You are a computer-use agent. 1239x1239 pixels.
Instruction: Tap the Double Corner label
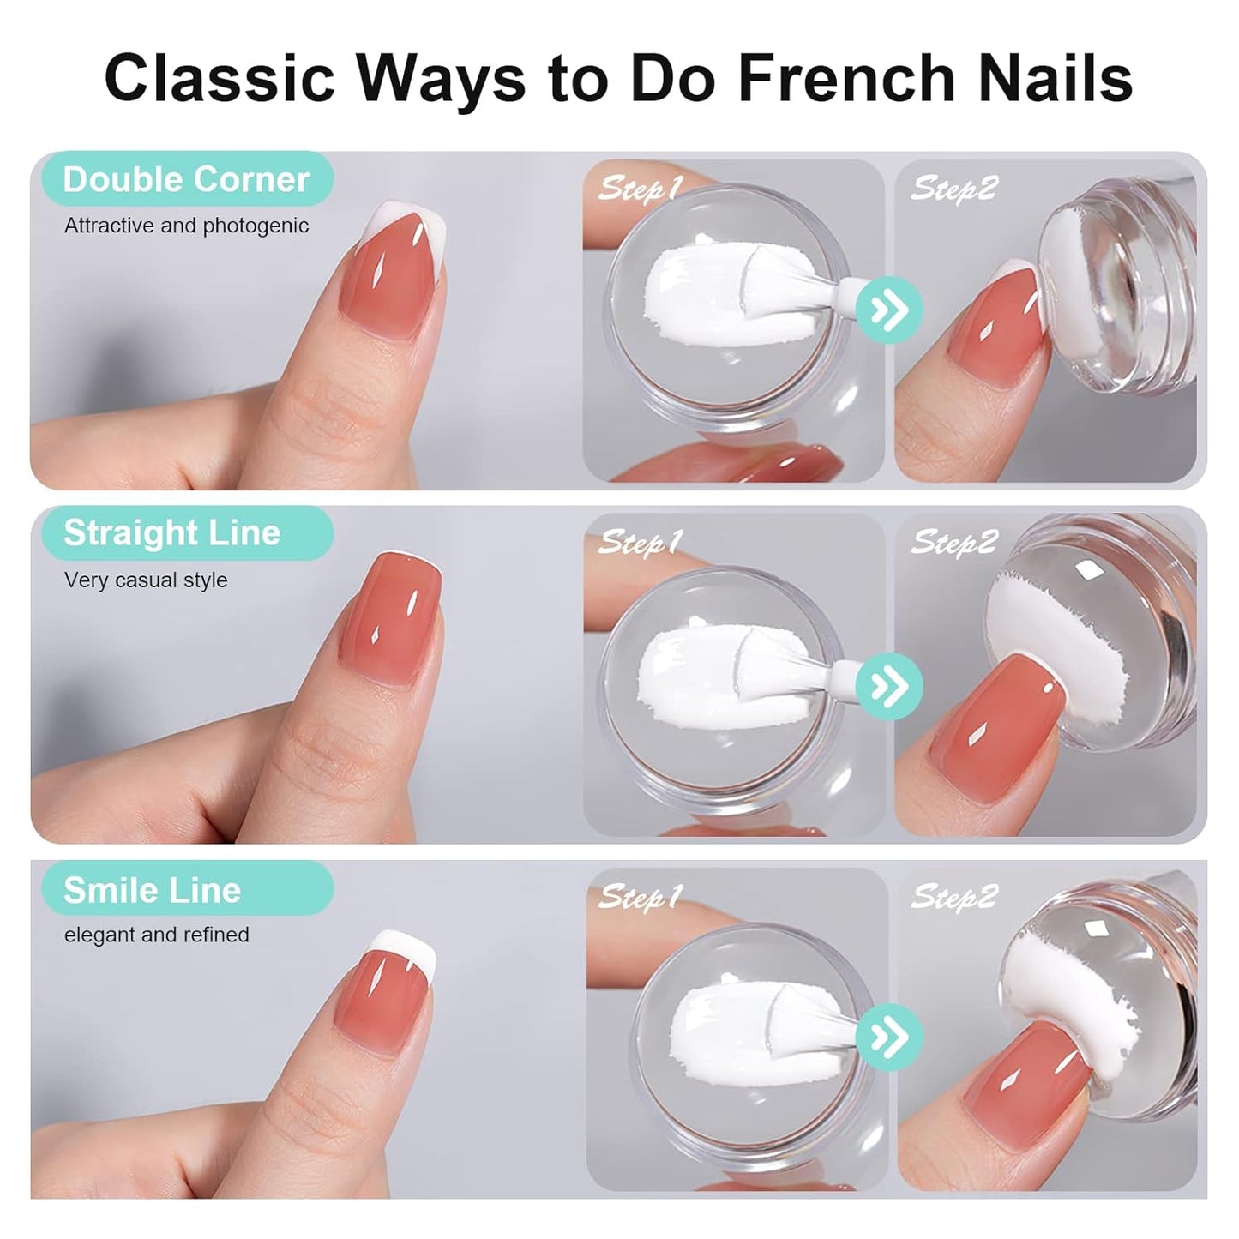coord(186,179)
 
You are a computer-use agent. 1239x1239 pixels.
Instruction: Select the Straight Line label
coord(172,532)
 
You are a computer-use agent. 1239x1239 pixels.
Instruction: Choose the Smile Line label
coord(153,890)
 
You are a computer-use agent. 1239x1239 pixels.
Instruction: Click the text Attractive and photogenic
coord(186,226)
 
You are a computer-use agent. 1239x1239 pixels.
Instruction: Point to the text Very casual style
coord(146,580)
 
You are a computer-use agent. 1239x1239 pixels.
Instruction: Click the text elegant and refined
coord(157,935)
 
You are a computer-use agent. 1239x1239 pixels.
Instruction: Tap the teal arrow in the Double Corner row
coord(889,310)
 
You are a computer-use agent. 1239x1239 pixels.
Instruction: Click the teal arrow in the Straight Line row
coord(889,686)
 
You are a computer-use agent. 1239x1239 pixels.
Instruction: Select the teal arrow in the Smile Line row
coord(889,1038)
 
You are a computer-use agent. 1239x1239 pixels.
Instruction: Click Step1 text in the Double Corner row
coord(640,188)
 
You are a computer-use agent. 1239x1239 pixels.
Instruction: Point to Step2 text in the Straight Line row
coord(954,542)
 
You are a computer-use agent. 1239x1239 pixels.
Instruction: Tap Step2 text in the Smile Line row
coord(954,897)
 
